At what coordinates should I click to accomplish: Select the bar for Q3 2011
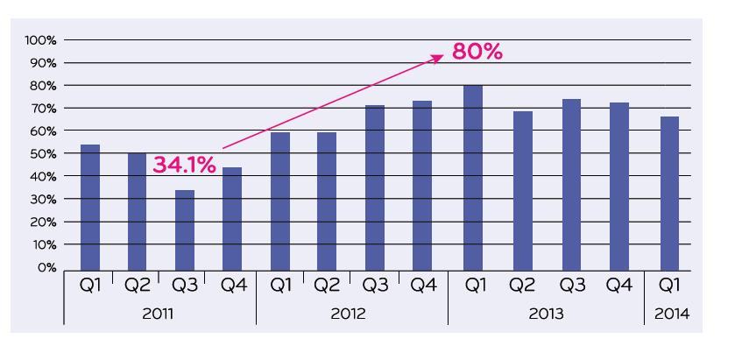tap(184, 229)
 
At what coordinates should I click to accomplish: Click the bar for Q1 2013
tap(473, 176)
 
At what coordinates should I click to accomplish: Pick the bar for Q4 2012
tap(423, 184)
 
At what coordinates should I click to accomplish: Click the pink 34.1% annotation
tap(185, 165)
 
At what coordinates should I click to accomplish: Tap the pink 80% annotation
tap(477, 53)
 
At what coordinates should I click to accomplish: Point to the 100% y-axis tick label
tap(40, 40)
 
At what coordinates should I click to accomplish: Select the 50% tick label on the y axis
tap(42, 153)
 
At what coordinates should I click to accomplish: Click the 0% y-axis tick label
tap(46, 267)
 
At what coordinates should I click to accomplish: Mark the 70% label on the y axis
tap(42, 109)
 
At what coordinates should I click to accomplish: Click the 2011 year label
tap(159, 313)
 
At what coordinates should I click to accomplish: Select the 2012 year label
tap(352, 313)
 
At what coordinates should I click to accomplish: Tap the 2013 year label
tap(546, 313)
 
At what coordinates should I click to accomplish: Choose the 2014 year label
tap(669, 313)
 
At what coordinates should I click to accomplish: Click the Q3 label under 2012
tap(375, 285)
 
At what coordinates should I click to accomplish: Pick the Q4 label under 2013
tap(620, 285)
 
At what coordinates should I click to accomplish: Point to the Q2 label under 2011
tap(136, 285)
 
